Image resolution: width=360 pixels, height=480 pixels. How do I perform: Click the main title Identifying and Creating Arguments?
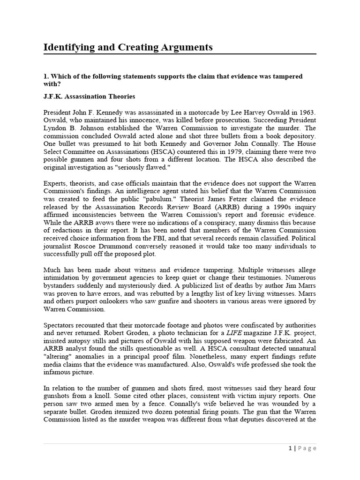(x=128, y=47)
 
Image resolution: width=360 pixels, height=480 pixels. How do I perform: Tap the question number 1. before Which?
(x=46, y=76)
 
